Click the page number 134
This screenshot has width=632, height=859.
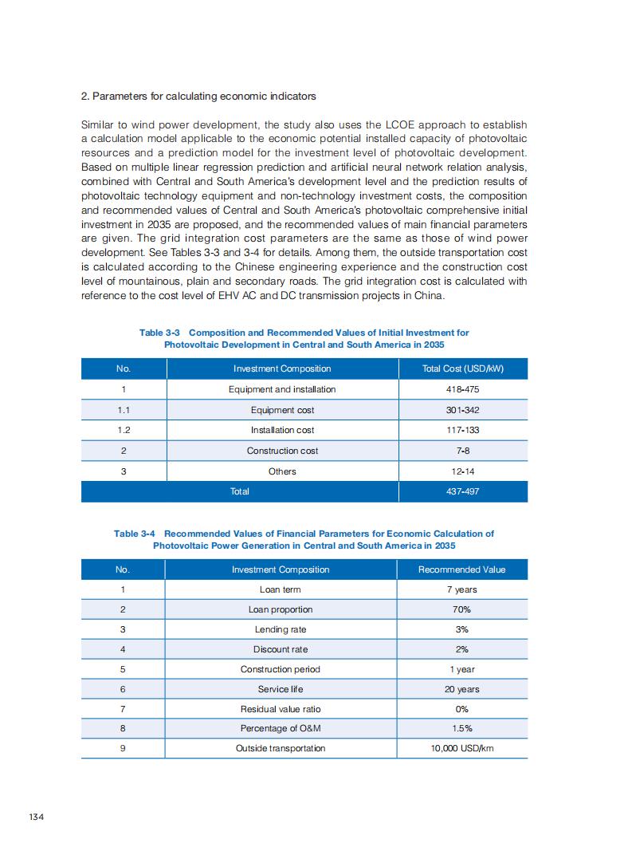(35, 817)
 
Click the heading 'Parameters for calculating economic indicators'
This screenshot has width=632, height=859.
(198, 97)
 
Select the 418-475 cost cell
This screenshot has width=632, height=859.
(462, 389)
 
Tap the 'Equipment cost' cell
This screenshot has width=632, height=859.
(282, 410)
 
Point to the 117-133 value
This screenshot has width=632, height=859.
(462, 430)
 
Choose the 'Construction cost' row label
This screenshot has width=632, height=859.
(282, 451)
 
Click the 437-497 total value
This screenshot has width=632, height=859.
(462, 491)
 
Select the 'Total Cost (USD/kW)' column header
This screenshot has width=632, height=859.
(462, 368)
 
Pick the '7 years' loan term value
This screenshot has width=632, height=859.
(461, 589)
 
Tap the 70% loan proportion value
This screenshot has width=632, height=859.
(461, 609)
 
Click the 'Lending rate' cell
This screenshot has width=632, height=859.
(281, 629)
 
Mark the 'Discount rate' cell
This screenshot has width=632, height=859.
(281, 649)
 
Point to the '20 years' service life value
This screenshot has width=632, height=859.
(461, 689)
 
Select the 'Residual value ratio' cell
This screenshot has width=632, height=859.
(281, 709)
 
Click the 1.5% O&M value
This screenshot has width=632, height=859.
(461, 728)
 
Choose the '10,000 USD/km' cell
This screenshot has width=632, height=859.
(461, 748)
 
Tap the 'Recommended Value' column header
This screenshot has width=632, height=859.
(461, 569)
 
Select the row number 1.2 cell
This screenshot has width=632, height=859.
(123, 430)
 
